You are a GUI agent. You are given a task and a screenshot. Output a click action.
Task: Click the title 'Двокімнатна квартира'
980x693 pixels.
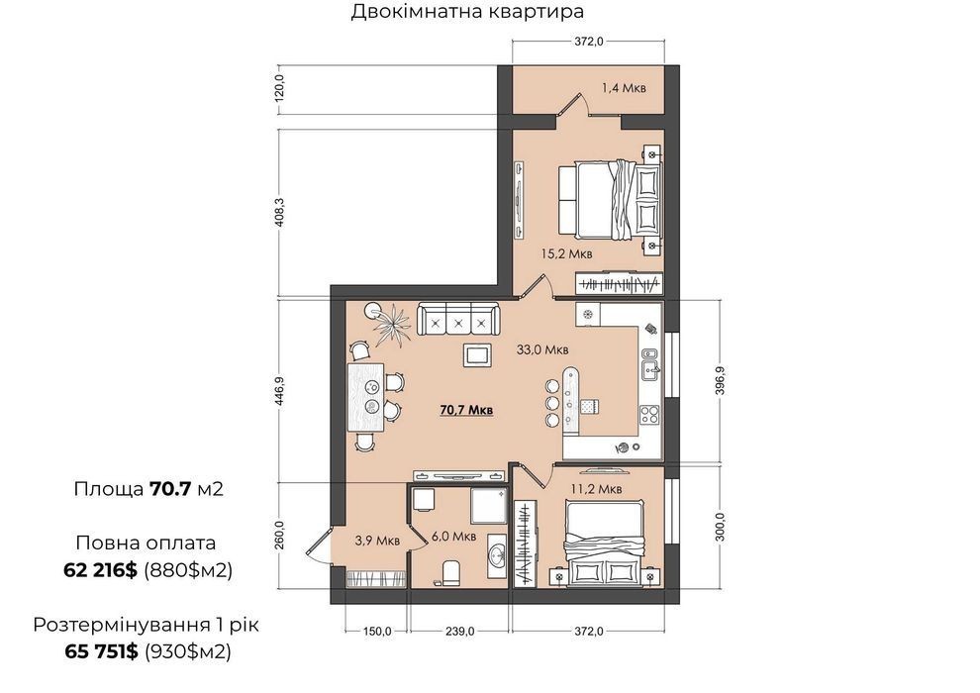point(467,11)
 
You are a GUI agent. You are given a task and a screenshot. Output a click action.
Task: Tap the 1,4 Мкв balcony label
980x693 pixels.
point(624,87)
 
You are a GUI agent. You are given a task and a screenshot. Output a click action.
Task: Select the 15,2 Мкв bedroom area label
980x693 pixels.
point(566,253)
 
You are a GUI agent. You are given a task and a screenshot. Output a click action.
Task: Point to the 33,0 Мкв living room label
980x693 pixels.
point(542,349)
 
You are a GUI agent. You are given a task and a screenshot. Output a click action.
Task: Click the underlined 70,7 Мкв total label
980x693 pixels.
point(467,410)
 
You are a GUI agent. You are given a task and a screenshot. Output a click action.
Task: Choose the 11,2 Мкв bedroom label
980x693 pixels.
point(596,489)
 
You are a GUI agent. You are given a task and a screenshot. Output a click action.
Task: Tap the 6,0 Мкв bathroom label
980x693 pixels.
point(453,537)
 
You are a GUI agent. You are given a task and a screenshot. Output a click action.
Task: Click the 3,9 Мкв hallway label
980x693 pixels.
point(377,541)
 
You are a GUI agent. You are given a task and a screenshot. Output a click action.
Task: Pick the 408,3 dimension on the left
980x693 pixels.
point(279,213)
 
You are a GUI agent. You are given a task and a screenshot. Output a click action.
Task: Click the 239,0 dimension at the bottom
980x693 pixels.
point(459,632)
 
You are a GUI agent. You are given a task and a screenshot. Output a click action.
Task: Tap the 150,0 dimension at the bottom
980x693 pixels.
point(377,632)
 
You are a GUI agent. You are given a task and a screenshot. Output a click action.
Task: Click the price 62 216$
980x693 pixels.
point(100,570)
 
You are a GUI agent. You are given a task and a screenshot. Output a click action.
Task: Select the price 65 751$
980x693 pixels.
point(101,651)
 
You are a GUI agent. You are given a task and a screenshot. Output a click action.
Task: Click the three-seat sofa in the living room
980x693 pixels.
point(458,321)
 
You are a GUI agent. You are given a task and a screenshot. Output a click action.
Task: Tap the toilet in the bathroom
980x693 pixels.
point(450,573)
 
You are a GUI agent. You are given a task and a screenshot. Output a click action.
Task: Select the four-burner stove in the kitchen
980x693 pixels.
point(649,414)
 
